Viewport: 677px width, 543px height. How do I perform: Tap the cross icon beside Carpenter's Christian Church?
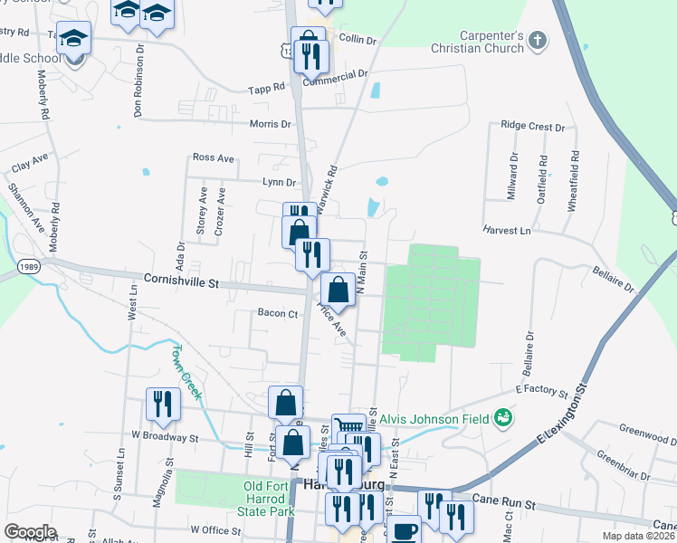pos(538,41)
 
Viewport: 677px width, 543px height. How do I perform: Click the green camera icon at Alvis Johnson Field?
pos(503,418)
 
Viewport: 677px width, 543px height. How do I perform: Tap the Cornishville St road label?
pos(181,282)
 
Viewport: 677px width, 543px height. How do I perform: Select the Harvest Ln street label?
pos(506,230)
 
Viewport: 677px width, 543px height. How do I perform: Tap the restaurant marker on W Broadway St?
pos(162,404)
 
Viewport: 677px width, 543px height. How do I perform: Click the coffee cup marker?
pos(404,529)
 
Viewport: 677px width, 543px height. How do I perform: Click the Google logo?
pos(30,532)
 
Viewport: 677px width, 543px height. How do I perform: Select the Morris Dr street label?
pos(271,124)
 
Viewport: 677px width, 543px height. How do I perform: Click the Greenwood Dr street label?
pos(646,431)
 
